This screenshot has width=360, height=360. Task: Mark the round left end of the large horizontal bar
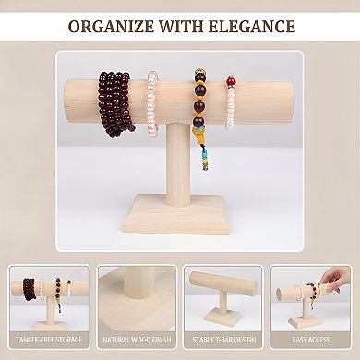click(76, 102)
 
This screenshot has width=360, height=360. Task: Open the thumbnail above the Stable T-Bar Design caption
click(222, 298)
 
